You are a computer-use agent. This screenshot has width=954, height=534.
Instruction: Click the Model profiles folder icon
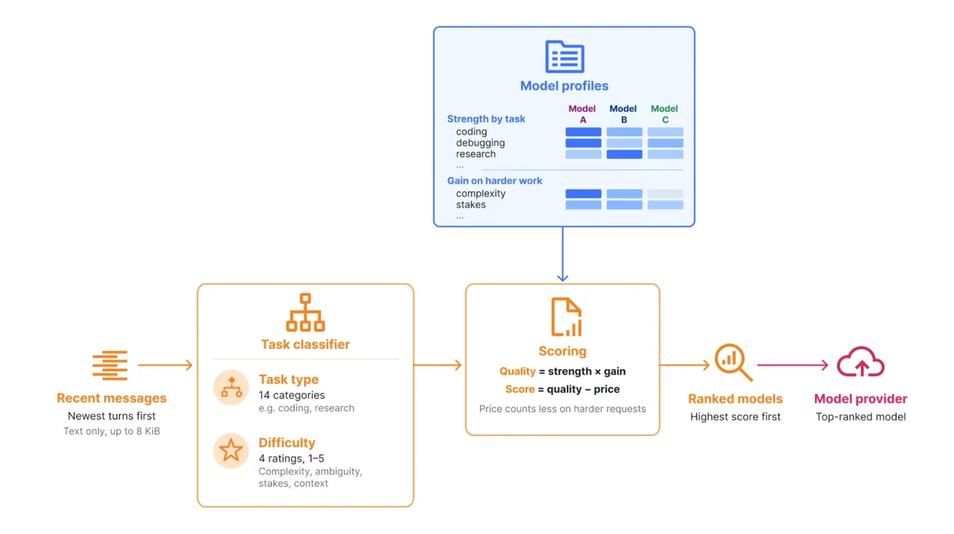(x=565, y=57)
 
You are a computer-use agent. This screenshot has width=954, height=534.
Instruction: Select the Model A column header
(x=582, y=114)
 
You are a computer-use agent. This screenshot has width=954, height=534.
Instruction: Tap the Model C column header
(x=664, y=114)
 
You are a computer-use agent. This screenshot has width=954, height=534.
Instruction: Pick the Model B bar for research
(x=624, y=154)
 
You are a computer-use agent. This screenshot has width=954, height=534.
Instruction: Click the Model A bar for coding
(x=583, y=132)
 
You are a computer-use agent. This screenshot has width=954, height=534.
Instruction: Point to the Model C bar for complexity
(x=665, y=194)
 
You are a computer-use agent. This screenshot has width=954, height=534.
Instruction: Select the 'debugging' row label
(x=480, y=143)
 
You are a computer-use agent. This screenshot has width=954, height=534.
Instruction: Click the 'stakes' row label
(x=471, y=205)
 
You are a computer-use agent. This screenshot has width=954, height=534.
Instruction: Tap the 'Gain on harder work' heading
(x=495, y=181)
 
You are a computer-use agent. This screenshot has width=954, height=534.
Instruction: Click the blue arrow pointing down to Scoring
(x=563, y=254)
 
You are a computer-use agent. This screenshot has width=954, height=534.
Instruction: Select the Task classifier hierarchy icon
(x=305, y=312)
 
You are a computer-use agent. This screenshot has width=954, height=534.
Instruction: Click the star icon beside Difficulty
(x=231, y=451)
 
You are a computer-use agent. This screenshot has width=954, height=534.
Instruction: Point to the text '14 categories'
(x=292, y=395)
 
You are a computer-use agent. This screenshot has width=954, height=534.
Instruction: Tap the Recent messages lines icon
(x=110, y=366)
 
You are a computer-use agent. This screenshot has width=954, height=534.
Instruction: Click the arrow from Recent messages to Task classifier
(x=165, y=365)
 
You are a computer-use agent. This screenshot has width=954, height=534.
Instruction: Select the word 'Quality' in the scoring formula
(x=517, y=371)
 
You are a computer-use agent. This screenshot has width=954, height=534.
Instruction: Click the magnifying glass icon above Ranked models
(x=733, y=362)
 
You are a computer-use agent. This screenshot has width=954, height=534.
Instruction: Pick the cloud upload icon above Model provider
(x=861, y=362)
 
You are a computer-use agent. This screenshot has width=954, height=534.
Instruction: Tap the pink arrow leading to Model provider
(x=793, y=365)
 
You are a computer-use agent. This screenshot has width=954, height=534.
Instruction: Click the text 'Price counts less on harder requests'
(x=563, y=409)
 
